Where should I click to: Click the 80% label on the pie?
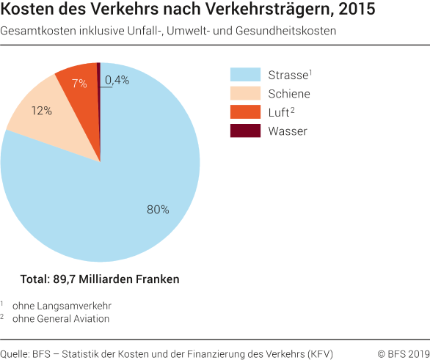158,210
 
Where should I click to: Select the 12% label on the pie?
41,111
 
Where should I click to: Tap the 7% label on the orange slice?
79,83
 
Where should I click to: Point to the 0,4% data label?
117,80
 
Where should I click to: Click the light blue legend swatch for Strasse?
245,75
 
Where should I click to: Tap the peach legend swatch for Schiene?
245,94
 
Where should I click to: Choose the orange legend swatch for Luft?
245,112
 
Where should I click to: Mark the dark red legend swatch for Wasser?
245,131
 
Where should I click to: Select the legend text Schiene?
289,94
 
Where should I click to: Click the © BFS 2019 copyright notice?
401,354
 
